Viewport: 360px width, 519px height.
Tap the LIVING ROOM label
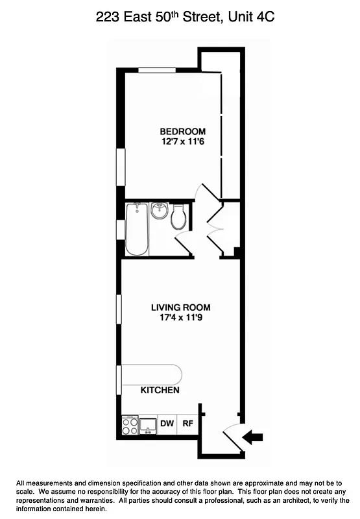pyautogui.click(x=180, y=308)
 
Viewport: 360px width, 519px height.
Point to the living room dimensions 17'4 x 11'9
pyautogui.click(x=180, y=318)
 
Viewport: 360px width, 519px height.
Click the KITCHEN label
pyautogui.click(x=160, y=390)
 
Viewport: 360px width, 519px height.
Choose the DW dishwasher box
pyautogui.click(x=167, y=424)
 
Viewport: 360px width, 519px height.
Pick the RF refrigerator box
pyautogui.click(x=187, y=424)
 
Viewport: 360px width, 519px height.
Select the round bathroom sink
pyautogui.click(x=159, y=211)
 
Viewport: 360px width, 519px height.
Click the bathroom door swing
pyautogui.click(x=184, y=243)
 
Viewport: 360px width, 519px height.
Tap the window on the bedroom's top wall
pyautogui.click(x=159, y=70)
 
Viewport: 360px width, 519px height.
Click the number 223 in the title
pyautogui.click(x=108, y=18)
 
